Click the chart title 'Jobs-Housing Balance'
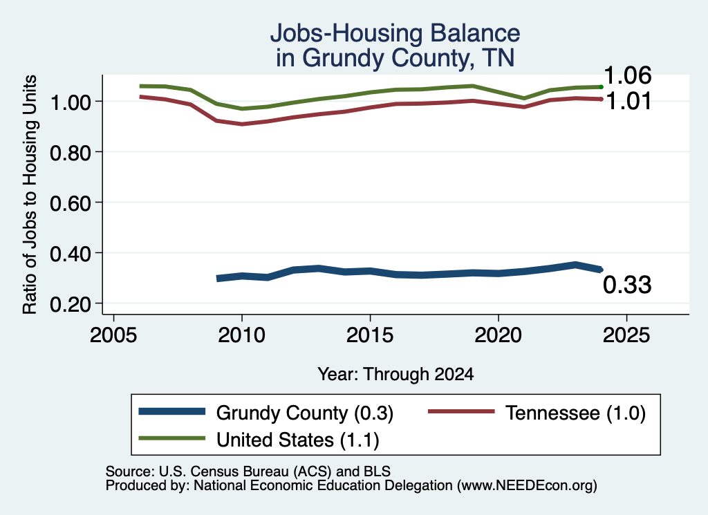coord(395,33)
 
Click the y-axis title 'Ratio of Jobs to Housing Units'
coord(30,194)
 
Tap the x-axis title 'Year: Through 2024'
coord(395,374)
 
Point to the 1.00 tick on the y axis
coord(71,102)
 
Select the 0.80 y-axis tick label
coord(71,153)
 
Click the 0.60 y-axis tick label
coord(71,203)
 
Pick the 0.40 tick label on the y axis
coord(71,254)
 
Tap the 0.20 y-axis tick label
coord(71,305)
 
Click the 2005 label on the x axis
coord(114,335)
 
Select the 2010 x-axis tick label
coord(242,335)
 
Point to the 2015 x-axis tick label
coord(371,335)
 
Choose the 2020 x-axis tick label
coord(499,335)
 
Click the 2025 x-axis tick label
coord(626,335)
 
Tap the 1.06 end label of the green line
coord(628,75)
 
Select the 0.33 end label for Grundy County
coord(627,285)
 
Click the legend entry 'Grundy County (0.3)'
coord(266,413)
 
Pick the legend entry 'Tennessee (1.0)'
coord(537,413)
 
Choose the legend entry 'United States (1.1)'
coord(259,439)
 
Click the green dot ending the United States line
coord(601,86)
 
